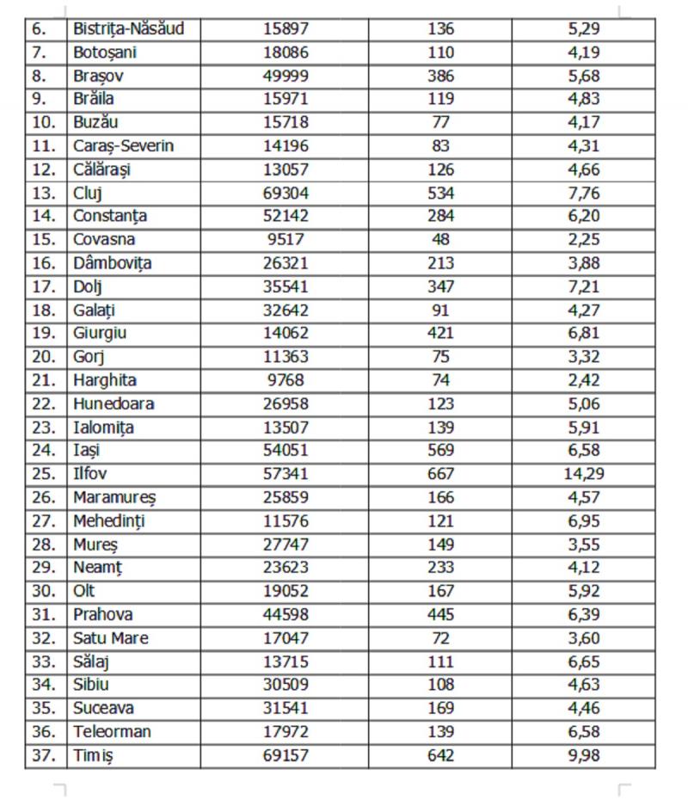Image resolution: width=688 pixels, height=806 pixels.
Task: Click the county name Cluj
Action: pyautogui.click(x=88, y=192)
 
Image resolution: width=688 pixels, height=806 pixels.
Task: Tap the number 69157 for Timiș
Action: pyautogui.click(x=286, y=755)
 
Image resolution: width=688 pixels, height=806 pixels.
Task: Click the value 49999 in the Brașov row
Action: pyautogui.click(x=286, y=75)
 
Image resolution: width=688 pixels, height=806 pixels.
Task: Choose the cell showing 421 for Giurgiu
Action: pyautogui.click(x=440, y=333)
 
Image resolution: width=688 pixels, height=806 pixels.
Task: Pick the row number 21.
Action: pyautogui.click(x=44, y=379)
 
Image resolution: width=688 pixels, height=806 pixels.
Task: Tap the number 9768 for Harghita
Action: pyautogui.click(x=286, y=379)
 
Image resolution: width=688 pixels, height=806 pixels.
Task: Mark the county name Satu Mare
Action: pyautogui.click(x=111, y=638)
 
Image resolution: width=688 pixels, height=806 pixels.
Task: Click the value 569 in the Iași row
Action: pyautogui.click(x=440, y=450)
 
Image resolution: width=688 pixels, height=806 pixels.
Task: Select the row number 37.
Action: pyautogui.click(x=44, y=755)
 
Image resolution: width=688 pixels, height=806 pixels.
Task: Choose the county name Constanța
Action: pyautogui.click(x=110, y=216)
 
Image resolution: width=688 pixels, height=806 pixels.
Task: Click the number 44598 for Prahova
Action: pyautogui.click(x=286, y=614)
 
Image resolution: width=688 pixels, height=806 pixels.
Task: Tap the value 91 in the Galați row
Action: pyautogui.click(x=440, y=310)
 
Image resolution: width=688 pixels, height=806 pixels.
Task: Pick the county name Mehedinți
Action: pyautogui.click(x=109, y=520)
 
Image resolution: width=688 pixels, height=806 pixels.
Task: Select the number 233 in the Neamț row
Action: pyautogui.click(x=440, y=568)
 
